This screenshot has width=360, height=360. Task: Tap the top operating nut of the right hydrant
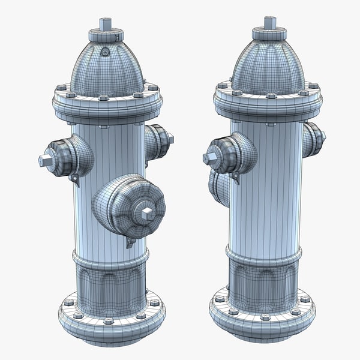(269, 23)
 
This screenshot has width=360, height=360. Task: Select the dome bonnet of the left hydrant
(107, 69)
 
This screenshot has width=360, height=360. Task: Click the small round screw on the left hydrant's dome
(106, 52)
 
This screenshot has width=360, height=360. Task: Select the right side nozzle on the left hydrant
(158, 142)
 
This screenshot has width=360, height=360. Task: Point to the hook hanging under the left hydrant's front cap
(130, 242)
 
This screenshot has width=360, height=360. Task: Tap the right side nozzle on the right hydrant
(313, 139)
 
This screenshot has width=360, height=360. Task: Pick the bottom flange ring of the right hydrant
(262, 321)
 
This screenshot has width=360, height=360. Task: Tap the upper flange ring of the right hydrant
(267, 107)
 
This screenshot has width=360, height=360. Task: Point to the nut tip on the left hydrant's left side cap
(44, 161)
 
